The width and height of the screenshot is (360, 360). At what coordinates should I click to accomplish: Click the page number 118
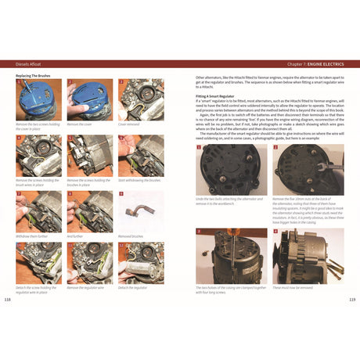click(x=9, y=299)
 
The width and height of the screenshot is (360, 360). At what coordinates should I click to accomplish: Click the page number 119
click(x=351, y=299)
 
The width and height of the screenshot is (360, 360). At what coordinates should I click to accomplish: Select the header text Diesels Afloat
click(x=31, y=64)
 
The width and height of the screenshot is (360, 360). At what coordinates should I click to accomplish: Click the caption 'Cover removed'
click(x=128, y=124)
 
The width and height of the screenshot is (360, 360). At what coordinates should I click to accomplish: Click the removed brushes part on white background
click(x=139, y=213)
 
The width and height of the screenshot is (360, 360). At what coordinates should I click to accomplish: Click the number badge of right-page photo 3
click(x=198, y=232)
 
